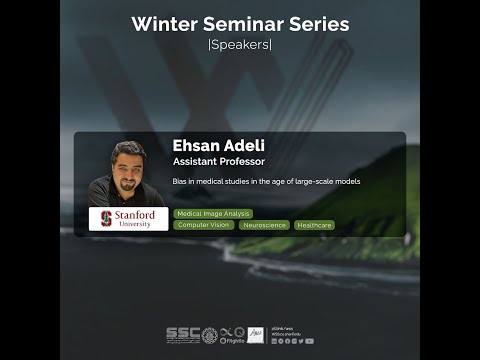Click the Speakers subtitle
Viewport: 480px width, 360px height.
pyautogui.click(x=239, y=45)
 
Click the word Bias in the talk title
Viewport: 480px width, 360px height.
pyautogui.click(x=180, y=181)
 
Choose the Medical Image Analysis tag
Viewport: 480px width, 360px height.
pyautogui.click(x=213, y=213)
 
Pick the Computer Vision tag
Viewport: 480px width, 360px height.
pyautogui.click(x=204, y=225)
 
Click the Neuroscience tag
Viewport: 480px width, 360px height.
pyautogui.click(x=265, y=225)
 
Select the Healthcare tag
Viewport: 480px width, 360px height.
pyautogui.click(x=314, y=225)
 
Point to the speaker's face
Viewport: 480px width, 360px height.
pyautogui.click(x=128, y=162)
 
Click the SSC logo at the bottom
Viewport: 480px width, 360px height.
pyautogui.click(x=181, y=335)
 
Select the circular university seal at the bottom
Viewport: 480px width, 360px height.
pyautogui.click(x=209, y=335)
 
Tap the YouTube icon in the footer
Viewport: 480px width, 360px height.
pyautogui.click(x=309, y=341)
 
